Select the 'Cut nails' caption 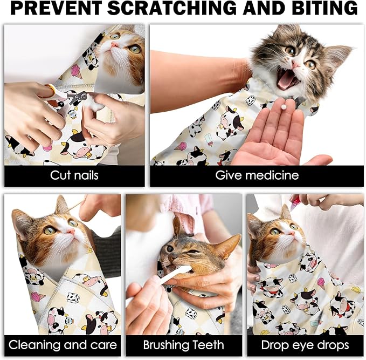(x=74, y=175)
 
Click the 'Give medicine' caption (x=257, y=175)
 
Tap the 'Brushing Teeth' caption (x=184, y=345)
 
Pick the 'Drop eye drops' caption (x=305, y=345)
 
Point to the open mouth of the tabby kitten (x=287, y=80)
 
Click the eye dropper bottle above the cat (x=295, y=201)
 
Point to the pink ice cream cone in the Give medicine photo (x=182, y=146)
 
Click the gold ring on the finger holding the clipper (x=50, y=89)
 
